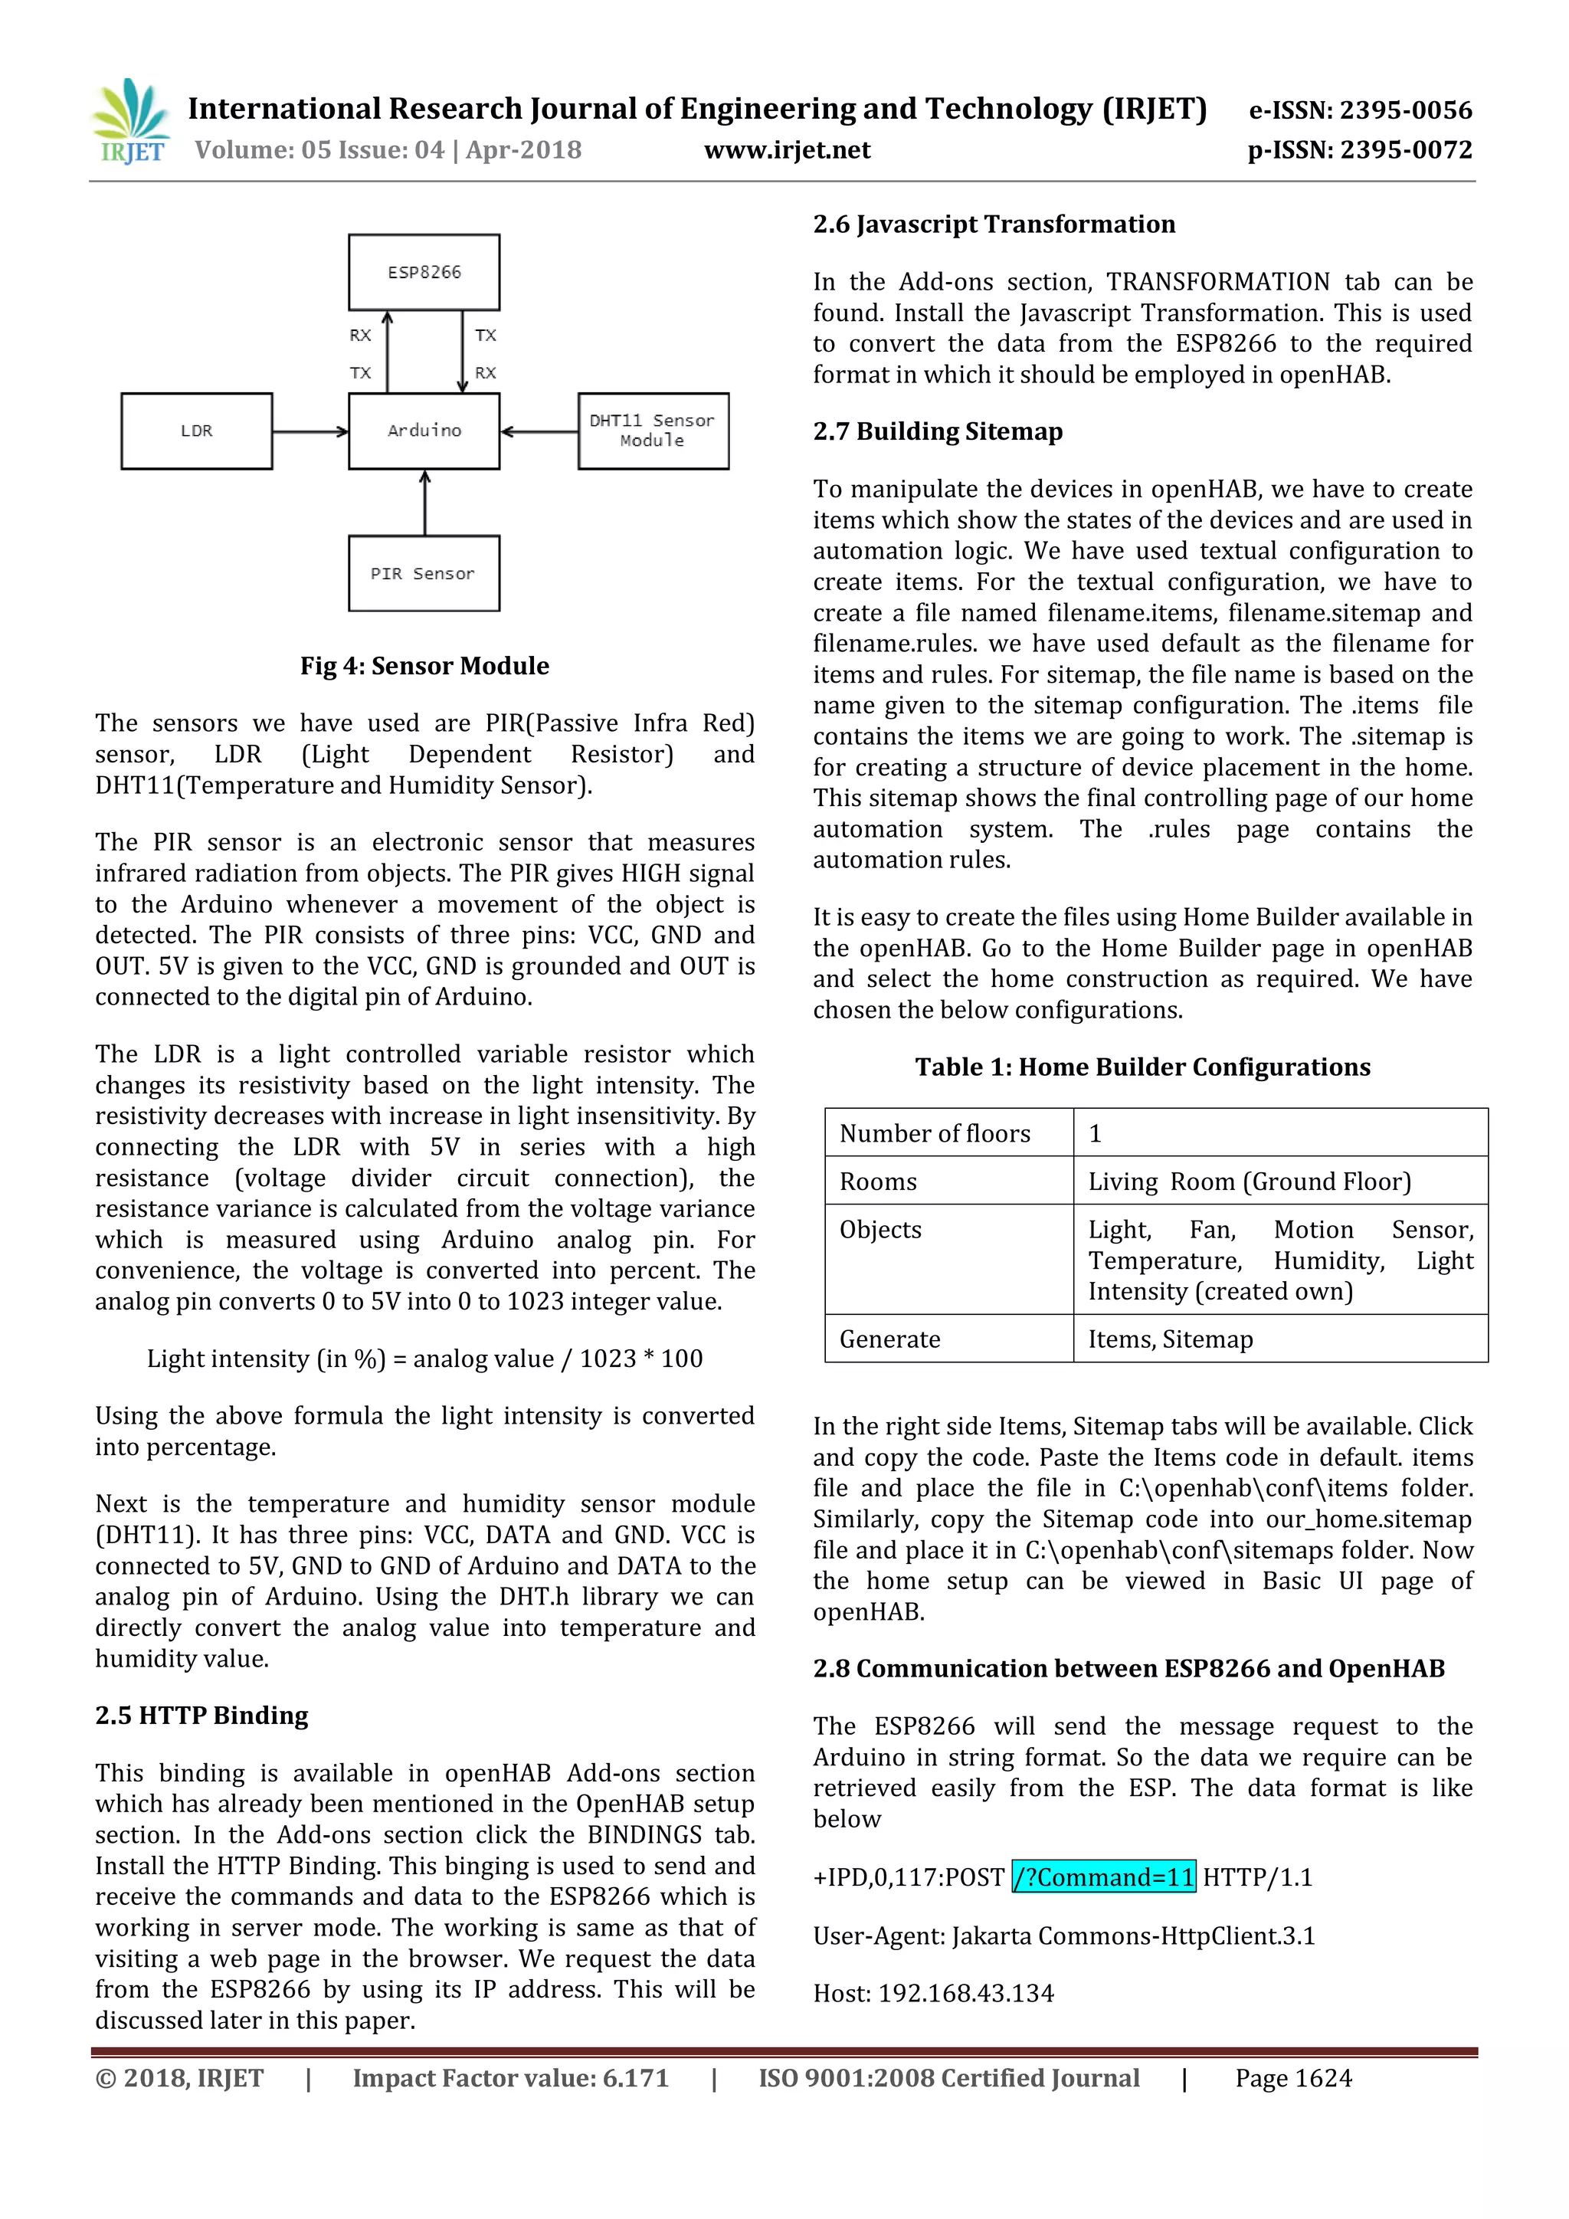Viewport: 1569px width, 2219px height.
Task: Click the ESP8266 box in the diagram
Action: pyautogui.click(x=424, y=271)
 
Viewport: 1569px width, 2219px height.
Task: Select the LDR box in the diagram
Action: pyautogui.click(x=196, y=431)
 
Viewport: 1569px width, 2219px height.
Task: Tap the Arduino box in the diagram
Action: pyautogui.click(x=424, y=431)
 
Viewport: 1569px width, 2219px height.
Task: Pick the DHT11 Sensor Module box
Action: pyautogui.click(x=653, y=431)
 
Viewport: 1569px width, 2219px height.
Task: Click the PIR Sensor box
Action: pyautogui.click(x=424, y=573)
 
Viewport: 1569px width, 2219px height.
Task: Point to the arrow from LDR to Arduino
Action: pyautogui.click(x=310, y=432)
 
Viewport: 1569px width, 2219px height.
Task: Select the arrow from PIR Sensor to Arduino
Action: pyautogui.click(x=425, y=503)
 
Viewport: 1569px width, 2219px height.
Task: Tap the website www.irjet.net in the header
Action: pyautogui.click(x=787, y=150)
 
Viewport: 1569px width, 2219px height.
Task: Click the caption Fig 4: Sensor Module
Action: pyautogui.click(x=424, y=666)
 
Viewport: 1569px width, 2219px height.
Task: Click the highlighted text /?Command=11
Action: pyautogui.click(x=1103, y=1876)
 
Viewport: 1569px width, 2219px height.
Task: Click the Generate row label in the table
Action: pyautogui.click(x=889, y=1339)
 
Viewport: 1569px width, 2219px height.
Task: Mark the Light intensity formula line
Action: pyautogui.click(x=424, y=1359)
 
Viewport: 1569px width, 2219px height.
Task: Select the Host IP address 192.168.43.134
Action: pyautogui.click(x=965, y=1993)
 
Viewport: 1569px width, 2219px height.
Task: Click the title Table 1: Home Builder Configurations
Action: pyautogui.click(x=1142, y=1067)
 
